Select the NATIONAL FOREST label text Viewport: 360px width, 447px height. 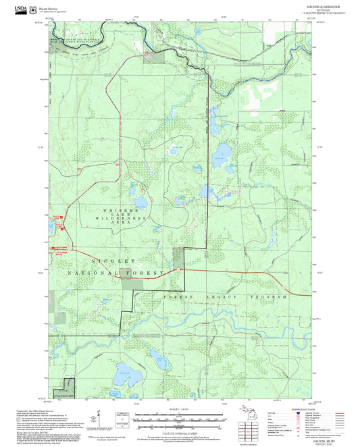coord(116,273)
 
